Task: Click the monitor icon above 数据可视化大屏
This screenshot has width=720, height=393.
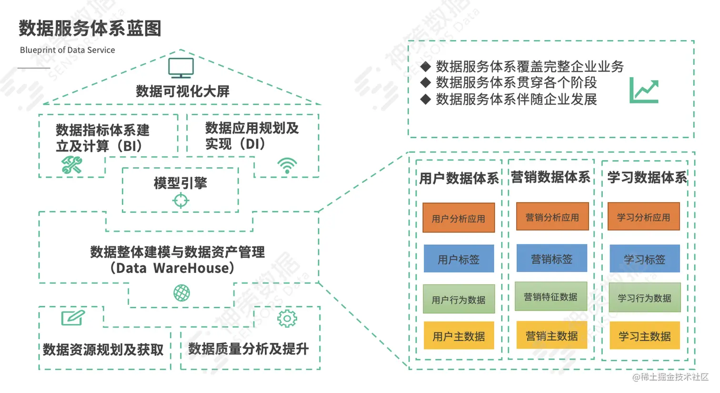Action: click(x=181, y=68)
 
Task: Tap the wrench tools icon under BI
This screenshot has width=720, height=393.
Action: click(x=72, y=165)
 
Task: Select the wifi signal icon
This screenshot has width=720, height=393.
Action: click(x=287, y=166)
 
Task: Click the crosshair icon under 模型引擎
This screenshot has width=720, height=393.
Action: click(x=180, y=201)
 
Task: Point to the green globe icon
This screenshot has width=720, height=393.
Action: click(x=181, y=292)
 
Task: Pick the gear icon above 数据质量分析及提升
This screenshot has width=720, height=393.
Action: click(x=287, y=318)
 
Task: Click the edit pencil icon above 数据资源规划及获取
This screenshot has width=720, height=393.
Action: click(x=73, y=318)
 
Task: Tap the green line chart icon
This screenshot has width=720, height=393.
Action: click(x=644, y=90)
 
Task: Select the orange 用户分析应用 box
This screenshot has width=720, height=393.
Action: click(x=459, y=218)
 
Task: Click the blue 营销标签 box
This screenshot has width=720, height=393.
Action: click(x=551, y=259)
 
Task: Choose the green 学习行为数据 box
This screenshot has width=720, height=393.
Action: click(x=644, y=298)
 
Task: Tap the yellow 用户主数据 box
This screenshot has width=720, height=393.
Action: click(x=459, y=336)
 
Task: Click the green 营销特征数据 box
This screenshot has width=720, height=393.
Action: click(x=550, y=297)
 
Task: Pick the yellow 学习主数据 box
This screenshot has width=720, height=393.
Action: click(x=644, y=336)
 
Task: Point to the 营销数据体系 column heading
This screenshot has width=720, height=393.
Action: click(x=550, y=177)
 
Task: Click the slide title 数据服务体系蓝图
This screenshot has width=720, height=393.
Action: click(x=90, y=28)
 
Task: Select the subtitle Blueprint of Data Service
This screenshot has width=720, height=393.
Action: click(x=67, y=50)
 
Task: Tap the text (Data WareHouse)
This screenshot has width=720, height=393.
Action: click(x=172, y=268)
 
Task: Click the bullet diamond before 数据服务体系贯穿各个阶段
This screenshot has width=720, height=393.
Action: click(x=426, y=82)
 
